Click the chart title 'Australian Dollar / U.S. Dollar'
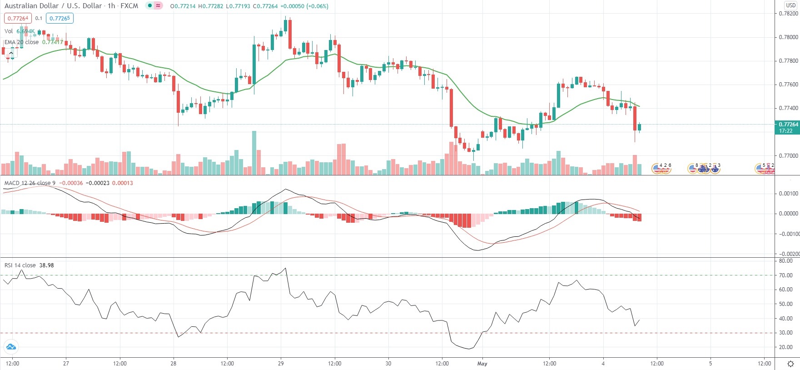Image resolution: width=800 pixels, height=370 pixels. (x=53, y=6)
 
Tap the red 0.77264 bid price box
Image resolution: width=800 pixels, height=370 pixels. (x=18, y=18)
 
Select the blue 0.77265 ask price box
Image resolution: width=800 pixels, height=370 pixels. (x=60, y=18)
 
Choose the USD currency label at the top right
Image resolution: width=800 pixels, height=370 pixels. (x=791, y=5)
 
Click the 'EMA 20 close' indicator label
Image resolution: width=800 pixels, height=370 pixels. (x=22, y=42)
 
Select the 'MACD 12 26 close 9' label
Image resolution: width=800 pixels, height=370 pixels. (x=30, y=183)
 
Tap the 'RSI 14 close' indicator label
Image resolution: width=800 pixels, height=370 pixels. (x=20, y=265)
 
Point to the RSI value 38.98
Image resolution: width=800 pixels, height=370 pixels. (x=47, y=265)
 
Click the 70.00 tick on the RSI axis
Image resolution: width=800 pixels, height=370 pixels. (x=785, y=275)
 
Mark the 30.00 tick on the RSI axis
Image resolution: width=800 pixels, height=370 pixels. (x=785, y=333)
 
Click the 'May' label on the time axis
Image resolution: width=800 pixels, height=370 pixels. (x=482, y=363)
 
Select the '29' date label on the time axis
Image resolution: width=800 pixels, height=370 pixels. (x=281, y=363)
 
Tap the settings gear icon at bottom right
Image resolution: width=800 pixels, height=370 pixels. (x=790, y=364)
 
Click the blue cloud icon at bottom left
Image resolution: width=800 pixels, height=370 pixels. (x=10, y=347)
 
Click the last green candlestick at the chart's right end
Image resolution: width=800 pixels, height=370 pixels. (x=640, y=127)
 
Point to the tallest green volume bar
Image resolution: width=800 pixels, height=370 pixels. (x=254, y=153)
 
